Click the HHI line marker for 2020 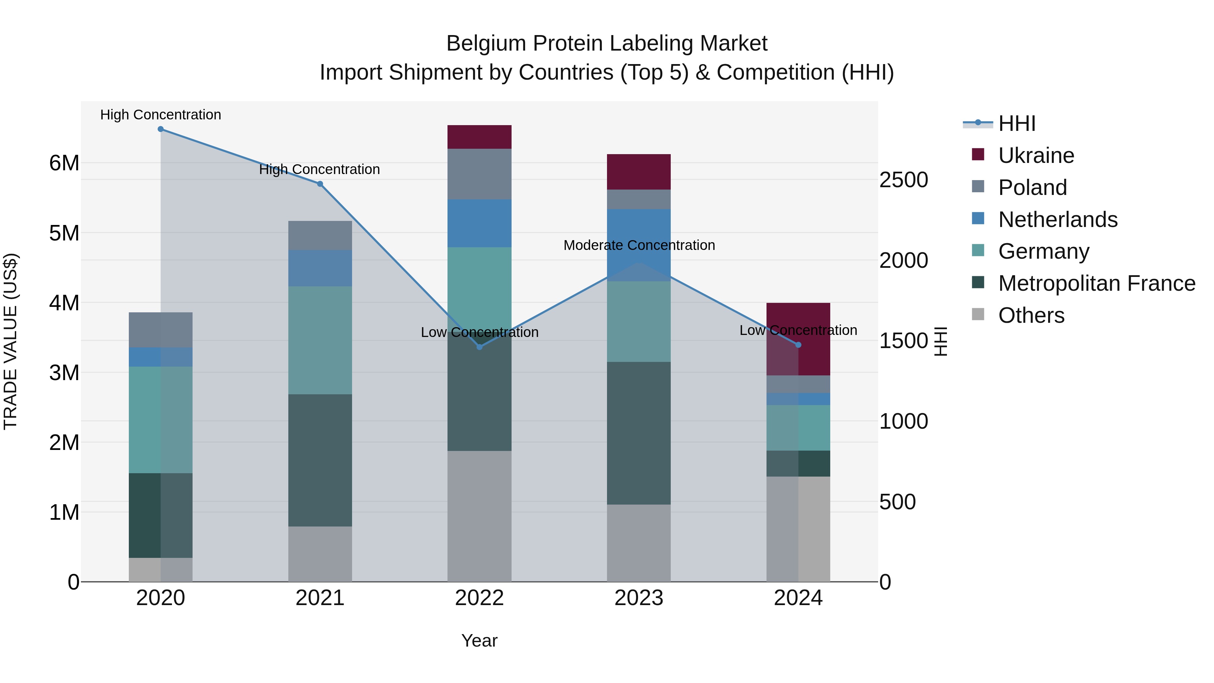pyautogui.click(x=161, y=129)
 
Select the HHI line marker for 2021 pyautogui.click(x=320, y=184)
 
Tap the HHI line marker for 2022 pyautogui.click(x=479, y=347)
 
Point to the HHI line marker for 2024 pyautogui.click(x=798, y=345)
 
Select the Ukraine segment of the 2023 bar pyautogui.click(x=639, y=172)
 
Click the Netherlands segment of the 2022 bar pyautogui.click(x=479, y=223)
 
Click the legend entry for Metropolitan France pyautogui.click(x=1097, y=283)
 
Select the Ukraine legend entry pyautogui.click(x=1036, y=155)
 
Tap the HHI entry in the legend pyautogui.click(x=1016, y=123)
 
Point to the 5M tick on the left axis pyautogui.click(x=64, y=233)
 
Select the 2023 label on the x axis pyautogui.click(x=639, y=598)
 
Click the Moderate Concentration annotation pyautogui.click(x=639, y=245)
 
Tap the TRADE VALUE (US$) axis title pyautogui.click(x=10, y=341)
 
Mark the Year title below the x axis pyautogui.click(x=479, y=641)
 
